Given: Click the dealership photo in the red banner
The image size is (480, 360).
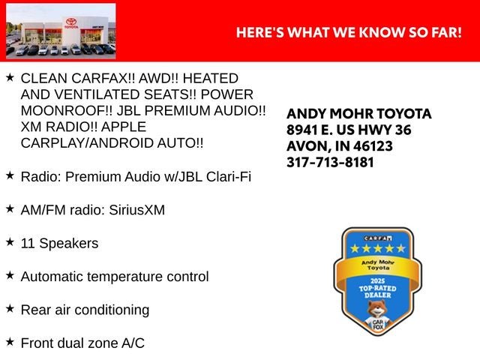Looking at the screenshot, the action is click(61, 31).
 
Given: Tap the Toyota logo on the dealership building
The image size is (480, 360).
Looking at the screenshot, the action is click(71, 22).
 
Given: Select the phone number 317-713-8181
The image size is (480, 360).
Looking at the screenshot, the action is click(330, 162).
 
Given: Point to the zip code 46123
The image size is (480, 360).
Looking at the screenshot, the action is click(373, 146).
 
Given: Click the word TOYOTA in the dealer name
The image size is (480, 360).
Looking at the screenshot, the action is click(403, 113).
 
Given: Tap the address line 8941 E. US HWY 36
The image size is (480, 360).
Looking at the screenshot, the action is click(349, 130).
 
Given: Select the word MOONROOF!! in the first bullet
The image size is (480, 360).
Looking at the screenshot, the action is click(67, 111).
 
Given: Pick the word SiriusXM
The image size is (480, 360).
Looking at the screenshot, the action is click(136, 210).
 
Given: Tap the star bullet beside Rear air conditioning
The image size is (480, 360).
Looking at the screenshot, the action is click(10, 308).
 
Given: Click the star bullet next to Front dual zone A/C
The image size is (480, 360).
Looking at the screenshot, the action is click(10, 342).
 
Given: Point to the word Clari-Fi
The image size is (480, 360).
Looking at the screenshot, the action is click(228, 177).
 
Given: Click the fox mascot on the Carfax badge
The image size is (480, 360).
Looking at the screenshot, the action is click(378, 317).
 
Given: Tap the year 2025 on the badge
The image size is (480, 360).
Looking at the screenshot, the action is click(377, 280).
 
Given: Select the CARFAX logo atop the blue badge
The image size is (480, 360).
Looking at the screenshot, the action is click(378, 238).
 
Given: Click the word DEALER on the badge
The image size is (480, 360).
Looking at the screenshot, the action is click(378, 295).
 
